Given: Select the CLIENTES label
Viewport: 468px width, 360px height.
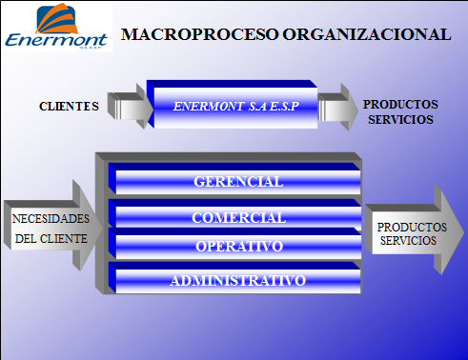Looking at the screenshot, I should (69, 106).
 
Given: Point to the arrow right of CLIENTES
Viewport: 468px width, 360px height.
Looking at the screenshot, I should (131, 106).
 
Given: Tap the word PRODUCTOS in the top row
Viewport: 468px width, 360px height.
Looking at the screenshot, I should (400, 104).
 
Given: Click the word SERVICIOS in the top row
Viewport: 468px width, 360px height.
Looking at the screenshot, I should (399, 120).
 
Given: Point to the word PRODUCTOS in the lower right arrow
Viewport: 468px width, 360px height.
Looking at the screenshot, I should (412, 228).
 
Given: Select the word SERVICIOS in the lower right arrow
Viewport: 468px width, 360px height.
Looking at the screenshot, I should (408, 241).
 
